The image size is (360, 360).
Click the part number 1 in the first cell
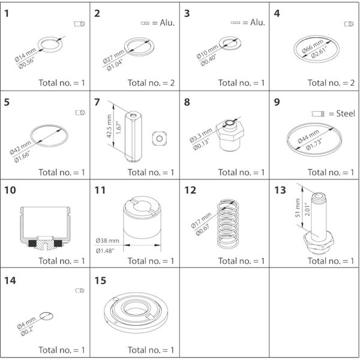coord(7,13)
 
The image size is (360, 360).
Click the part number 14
coord(10,280)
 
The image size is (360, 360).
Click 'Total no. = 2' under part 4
coord(322,83)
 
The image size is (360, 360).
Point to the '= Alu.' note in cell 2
coord(161,24)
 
